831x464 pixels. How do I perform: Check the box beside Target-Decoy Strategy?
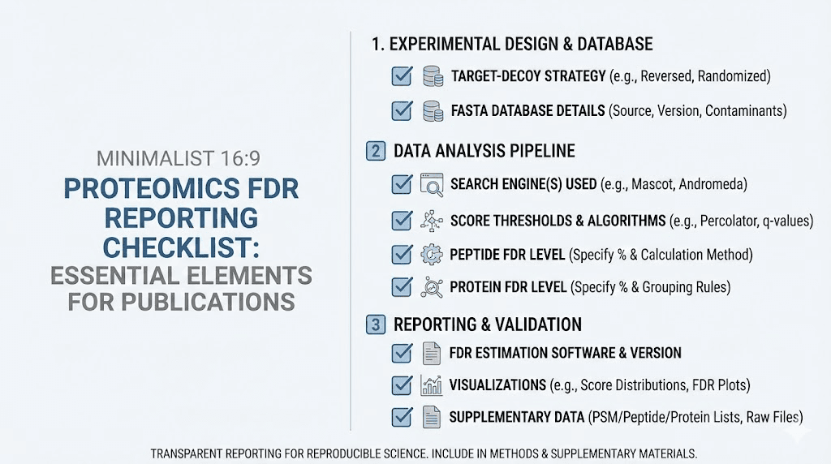402,76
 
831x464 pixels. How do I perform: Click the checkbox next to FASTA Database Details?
402,110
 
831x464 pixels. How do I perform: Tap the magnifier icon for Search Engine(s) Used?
431,185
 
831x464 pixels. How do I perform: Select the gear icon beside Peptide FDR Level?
431,255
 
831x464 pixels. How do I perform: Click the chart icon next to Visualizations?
431,385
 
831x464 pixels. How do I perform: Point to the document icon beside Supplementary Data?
431,419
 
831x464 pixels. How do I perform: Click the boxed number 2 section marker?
376,151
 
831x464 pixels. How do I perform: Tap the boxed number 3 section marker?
376,324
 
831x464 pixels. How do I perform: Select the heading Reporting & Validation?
488,324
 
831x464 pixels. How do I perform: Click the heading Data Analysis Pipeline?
484,151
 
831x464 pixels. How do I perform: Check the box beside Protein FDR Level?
402,287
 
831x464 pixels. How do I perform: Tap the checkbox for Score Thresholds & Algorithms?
402,221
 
